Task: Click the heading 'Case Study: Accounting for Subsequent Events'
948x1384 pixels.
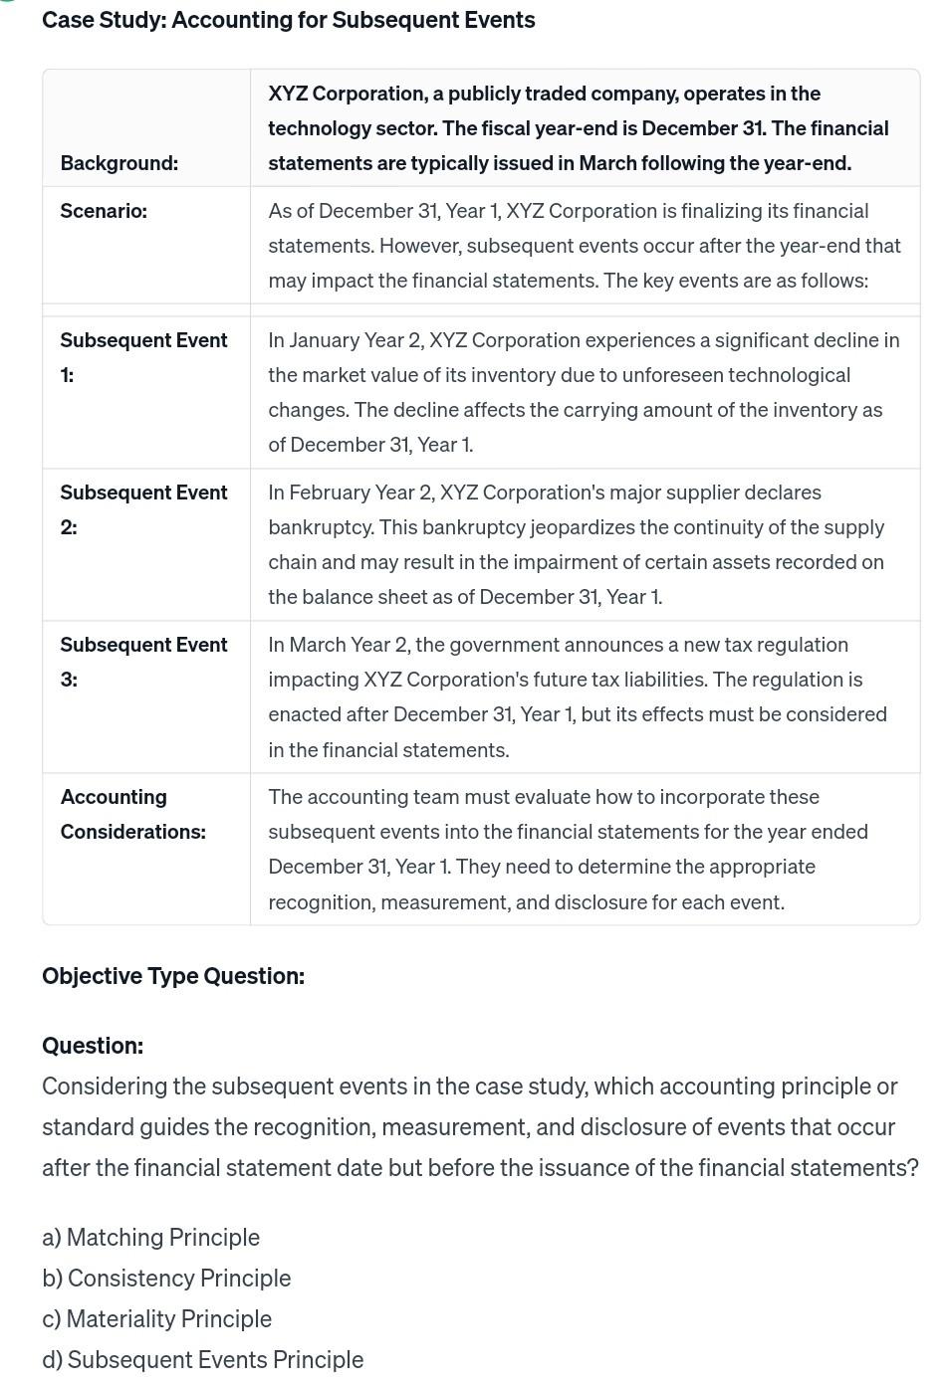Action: point(288,20)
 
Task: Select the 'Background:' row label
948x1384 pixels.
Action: point(119,163)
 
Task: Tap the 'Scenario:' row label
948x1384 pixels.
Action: point(104,211)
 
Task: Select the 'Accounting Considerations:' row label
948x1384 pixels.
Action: point(132,814)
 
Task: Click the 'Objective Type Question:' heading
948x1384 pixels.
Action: point(173,976)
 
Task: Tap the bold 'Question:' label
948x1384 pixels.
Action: point(93,1046)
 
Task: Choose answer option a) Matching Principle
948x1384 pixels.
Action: point(150,1237)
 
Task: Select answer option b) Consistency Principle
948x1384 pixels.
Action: point(166,1278)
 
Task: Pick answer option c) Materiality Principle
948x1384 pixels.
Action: point(156,1318)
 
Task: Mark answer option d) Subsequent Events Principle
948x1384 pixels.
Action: point(202,1359)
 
